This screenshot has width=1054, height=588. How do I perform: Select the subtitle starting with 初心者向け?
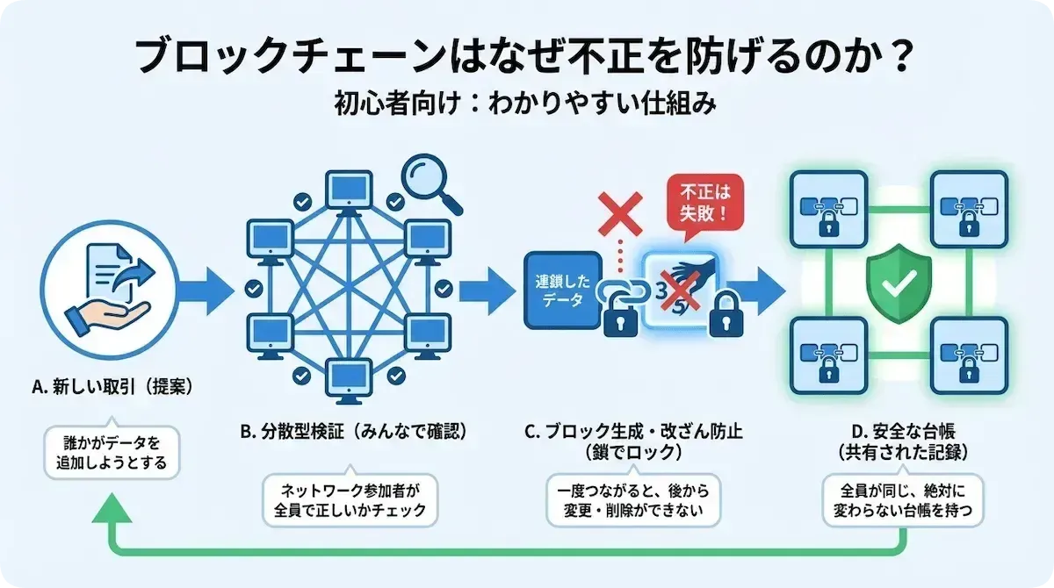click(525, 106)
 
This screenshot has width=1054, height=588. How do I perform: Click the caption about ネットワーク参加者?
click(351, 500)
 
